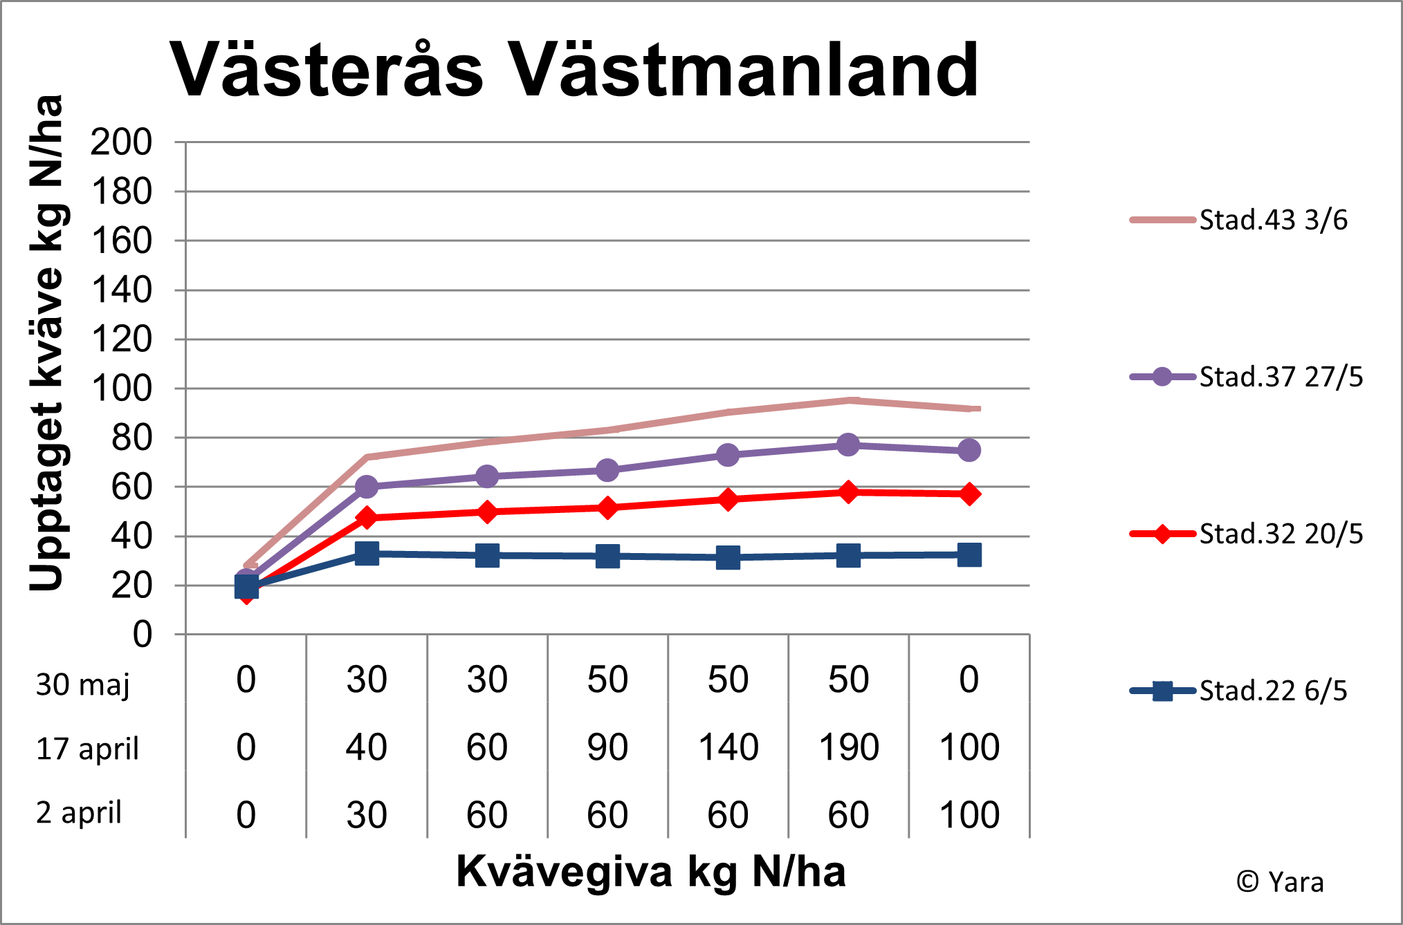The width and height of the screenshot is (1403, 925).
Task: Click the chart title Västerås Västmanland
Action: [x=574, y=70]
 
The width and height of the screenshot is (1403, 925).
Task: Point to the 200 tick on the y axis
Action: [x=121, y=142]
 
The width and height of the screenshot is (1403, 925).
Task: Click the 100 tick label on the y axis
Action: [x=121, y=389]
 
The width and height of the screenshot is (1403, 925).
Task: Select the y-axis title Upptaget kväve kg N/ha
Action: [x=47, y=344]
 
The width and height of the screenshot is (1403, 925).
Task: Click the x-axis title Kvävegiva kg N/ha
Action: [x=650, y=871]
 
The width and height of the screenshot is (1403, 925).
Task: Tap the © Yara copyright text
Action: [x=1280, y=882]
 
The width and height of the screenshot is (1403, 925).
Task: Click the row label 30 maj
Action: [x=83, y=684]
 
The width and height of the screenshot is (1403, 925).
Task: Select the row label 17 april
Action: [x=87, y=749]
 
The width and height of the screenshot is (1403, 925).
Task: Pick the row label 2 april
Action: [x=79, y=812]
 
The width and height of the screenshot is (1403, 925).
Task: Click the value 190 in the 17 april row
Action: [x=848, y=747]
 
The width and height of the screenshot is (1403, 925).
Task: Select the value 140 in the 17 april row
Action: [x=728, y=747]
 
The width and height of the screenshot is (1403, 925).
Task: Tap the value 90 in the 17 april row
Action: [x=607, y=747]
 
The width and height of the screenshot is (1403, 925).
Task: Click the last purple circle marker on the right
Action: [x=969, y=450]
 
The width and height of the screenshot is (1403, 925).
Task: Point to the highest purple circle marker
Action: [x=848, y=445]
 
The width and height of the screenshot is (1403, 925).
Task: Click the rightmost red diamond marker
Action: [x=969, y=494]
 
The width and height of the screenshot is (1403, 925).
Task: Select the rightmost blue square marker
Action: [x=969, y=554]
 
